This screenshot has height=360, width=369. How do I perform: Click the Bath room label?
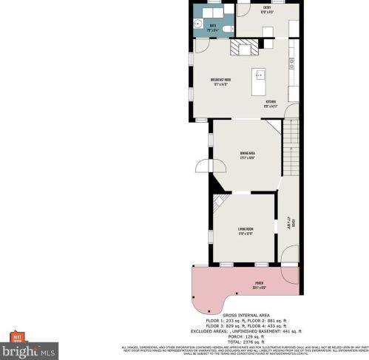point(213,26)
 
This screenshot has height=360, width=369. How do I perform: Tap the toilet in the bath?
point(227,27)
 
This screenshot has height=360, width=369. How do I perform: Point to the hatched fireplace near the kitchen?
point(243,48)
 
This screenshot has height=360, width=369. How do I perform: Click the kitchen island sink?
point(260,75)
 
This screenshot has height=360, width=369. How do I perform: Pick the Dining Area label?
point(247,154)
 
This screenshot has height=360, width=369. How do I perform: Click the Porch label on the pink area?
point(260,284)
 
